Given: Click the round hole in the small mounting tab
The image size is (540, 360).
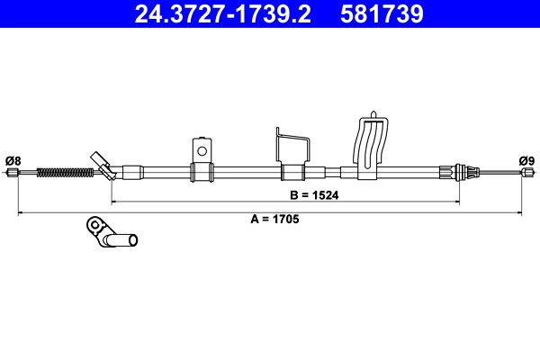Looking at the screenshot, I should (x=202, y=150).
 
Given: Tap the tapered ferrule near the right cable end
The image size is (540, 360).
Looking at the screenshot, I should (x=466, y=171).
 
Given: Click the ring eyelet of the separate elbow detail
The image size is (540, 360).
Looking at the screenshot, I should (x=93, y=224).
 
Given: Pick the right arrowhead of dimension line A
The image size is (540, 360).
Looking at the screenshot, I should (x=519, y=212).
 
